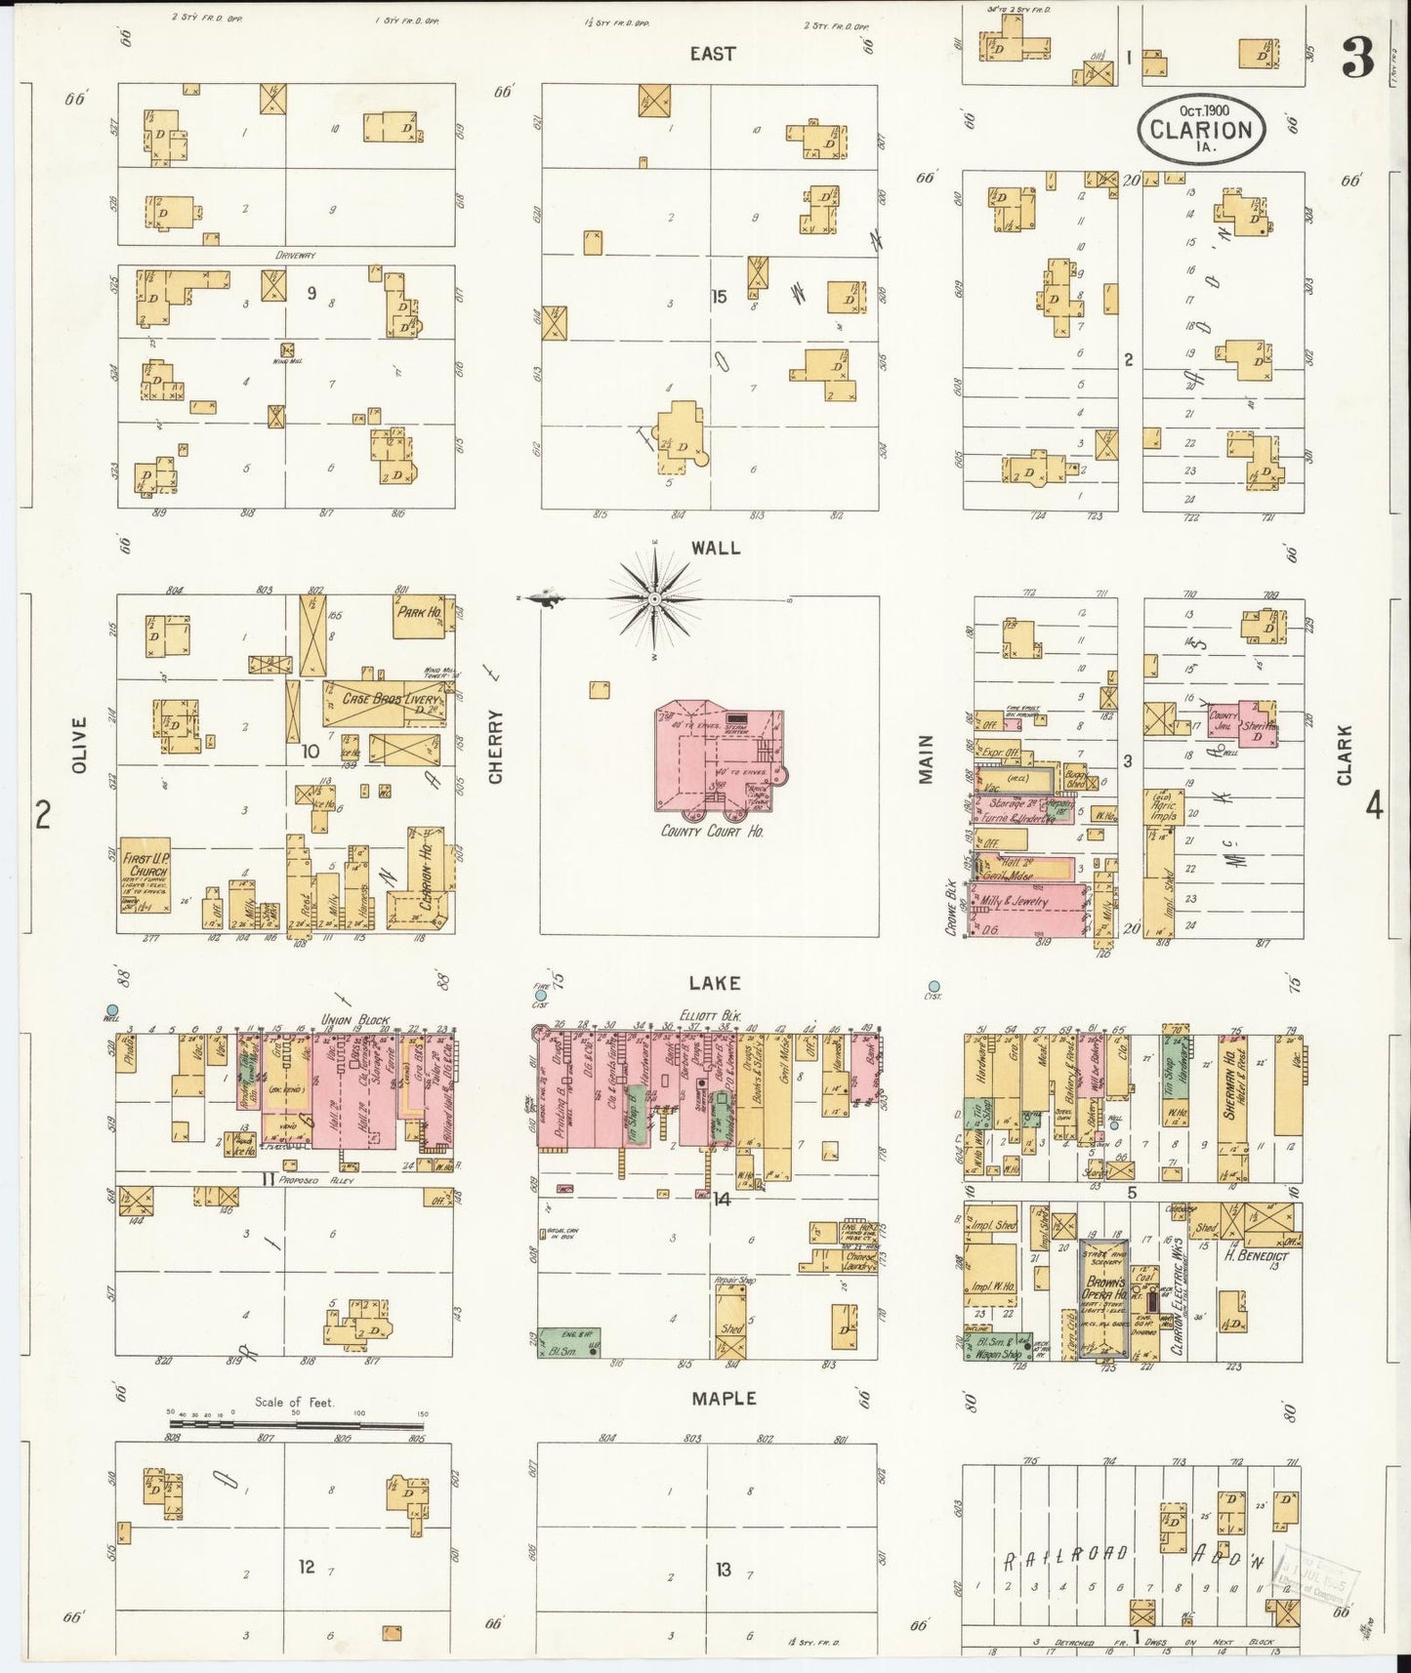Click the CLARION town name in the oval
1200,129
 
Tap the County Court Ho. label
712,832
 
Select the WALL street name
716,549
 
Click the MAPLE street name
724,1399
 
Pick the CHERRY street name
496,746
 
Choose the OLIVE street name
79,746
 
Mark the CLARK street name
1345,755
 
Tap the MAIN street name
926,758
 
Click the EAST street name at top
712,54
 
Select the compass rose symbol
654,597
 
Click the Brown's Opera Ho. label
1104,1287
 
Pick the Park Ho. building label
420,613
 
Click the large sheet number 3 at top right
1357,61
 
